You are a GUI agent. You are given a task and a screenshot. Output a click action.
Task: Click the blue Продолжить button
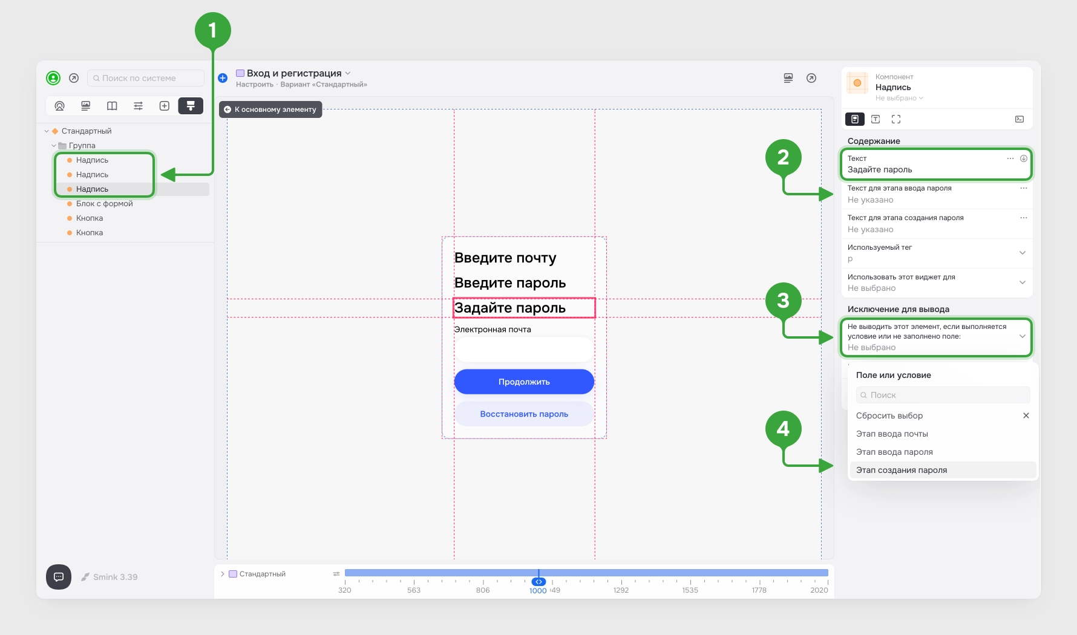[524, 382]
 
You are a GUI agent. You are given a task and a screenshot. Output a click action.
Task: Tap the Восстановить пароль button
[524, 414]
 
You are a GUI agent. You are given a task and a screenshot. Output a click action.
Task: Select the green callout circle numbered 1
[213, 30]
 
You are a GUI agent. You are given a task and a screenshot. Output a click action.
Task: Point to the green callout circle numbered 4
[783, 429]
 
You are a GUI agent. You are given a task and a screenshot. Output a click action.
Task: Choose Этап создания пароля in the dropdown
[902, 470]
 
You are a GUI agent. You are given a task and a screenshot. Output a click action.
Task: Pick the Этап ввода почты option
[892, 434]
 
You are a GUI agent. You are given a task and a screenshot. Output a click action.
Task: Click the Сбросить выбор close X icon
[1026, 415]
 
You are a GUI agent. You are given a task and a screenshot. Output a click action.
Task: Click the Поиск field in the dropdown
[943, 395]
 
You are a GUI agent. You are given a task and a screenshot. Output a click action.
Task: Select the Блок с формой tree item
[104, 204]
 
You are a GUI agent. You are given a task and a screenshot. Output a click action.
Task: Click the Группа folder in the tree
[82, 146]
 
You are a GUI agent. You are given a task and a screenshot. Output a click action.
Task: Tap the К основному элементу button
[270, 109]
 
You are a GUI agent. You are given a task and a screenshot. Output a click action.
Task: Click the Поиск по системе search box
[146, 78]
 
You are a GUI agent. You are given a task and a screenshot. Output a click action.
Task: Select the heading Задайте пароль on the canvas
[510, 308]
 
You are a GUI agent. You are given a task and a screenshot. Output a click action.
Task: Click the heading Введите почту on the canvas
[505, 258]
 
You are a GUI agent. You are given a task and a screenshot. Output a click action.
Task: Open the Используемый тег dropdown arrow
[1023, 253]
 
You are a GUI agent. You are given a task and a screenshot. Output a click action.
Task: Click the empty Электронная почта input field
[524, 350]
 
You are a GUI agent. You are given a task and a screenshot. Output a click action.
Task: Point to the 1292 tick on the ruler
[621, 590]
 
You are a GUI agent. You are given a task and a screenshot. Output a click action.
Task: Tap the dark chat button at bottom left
[59, 577]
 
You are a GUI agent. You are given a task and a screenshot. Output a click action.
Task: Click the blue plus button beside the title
[223, 78]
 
